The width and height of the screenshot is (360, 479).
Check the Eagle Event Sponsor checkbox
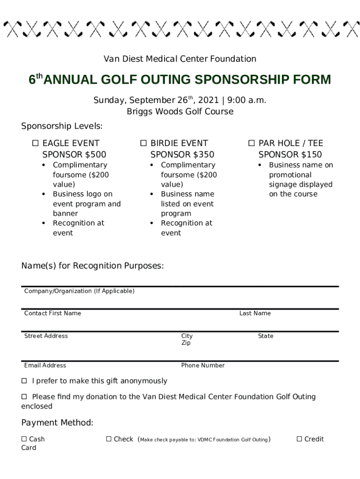pos(35,143)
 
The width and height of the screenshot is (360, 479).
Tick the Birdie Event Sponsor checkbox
pos(143,143)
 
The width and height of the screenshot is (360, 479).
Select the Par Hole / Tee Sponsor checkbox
pos(251,143)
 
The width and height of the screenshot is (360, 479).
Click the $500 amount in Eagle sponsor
pos(95,154)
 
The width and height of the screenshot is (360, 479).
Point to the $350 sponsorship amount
pos(203,154)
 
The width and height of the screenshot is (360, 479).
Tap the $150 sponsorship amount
pos(311,154)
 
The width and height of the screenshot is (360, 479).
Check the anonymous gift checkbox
pos(24,381)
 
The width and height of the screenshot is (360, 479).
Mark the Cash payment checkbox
pos(24,439)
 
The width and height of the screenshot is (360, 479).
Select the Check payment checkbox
pos(108,439)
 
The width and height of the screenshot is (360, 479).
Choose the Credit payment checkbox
pos(299,439)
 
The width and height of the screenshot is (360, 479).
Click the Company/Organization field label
pos(79,291)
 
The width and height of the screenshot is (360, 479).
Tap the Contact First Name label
pos(52,313)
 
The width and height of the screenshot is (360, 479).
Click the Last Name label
pos(255,313)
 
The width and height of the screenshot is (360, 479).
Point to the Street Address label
pos(46,336)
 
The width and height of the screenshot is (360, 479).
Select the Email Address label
pos(45,365)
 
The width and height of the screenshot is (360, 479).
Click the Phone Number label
pos(203,365)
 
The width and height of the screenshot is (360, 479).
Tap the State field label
pos(266,336)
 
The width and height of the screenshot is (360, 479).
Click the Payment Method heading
pos(57,423)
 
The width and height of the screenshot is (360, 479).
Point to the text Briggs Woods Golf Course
pos(180,111)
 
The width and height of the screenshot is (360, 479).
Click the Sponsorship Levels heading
pos(62,126)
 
